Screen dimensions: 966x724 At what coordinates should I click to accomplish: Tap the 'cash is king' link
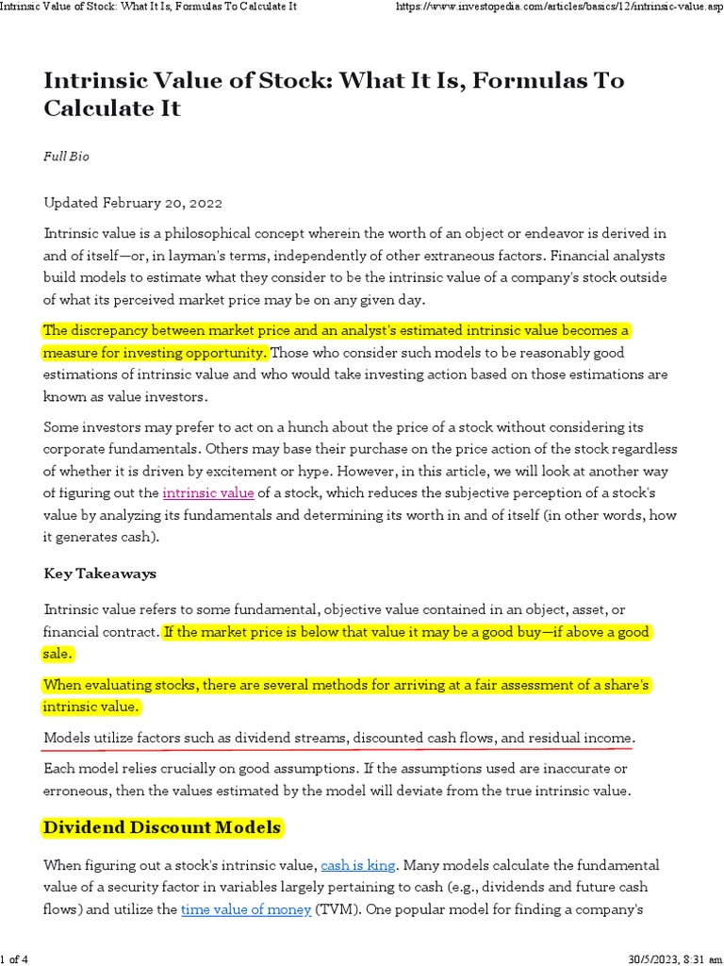358,864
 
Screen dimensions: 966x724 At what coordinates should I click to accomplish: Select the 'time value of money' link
245,909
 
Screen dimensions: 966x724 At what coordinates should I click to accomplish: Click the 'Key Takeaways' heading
100,574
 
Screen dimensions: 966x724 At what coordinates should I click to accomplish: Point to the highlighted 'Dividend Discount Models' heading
162,827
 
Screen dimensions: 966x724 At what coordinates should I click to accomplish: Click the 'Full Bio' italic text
66,156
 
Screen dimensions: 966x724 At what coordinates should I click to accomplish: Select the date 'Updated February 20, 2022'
133,203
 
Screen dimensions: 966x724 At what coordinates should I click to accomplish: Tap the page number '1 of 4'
14,959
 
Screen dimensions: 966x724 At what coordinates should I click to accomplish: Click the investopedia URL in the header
555,7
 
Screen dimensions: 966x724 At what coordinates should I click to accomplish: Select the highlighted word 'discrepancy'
108,331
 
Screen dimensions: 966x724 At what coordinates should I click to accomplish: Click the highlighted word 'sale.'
58,654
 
